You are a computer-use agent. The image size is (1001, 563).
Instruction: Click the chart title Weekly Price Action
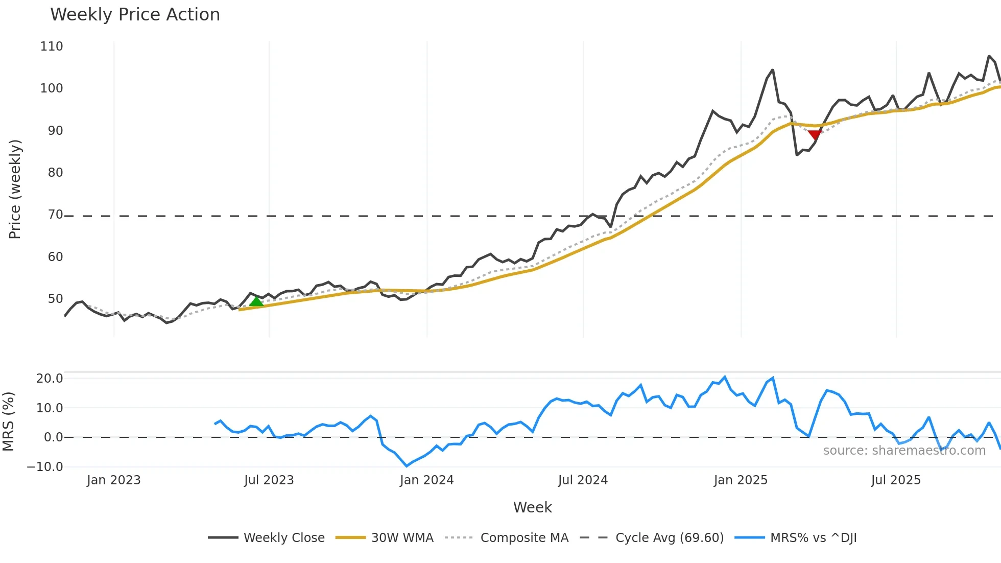(135, 15)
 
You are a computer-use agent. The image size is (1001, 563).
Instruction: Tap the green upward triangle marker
(256, 301)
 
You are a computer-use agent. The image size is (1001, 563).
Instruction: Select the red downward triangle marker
(815, 134)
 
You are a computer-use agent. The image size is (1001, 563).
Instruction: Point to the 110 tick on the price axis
(52, 46)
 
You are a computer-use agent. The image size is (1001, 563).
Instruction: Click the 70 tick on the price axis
(55, 215)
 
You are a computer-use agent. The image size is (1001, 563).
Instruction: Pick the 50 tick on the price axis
(55, 299)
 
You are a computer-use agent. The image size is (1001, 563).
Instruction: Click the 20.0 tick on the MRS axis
(50, 379)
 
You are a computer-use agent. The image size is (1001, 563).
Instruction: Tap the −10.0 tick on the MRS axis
(45, 467)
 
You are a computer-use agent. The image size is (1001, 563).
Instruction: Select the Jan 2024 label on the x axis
(426, 480)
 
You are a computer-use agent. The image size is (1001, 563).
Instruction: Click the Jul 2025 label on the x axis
(896, 480)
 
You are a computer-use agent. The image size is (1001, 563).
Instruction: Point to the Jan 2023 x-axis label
(113, 480)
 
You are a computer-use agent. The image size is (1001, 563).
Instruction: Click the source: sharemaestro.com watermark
(904, 451)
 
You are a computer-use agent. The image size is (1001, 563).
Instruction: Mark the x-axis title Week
(532, 507)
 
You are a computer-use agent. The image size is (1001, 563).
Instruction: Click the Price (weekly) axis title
(15, 189)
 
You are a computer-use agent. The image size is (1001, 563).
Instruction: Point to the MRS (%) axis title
(8, 421)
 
